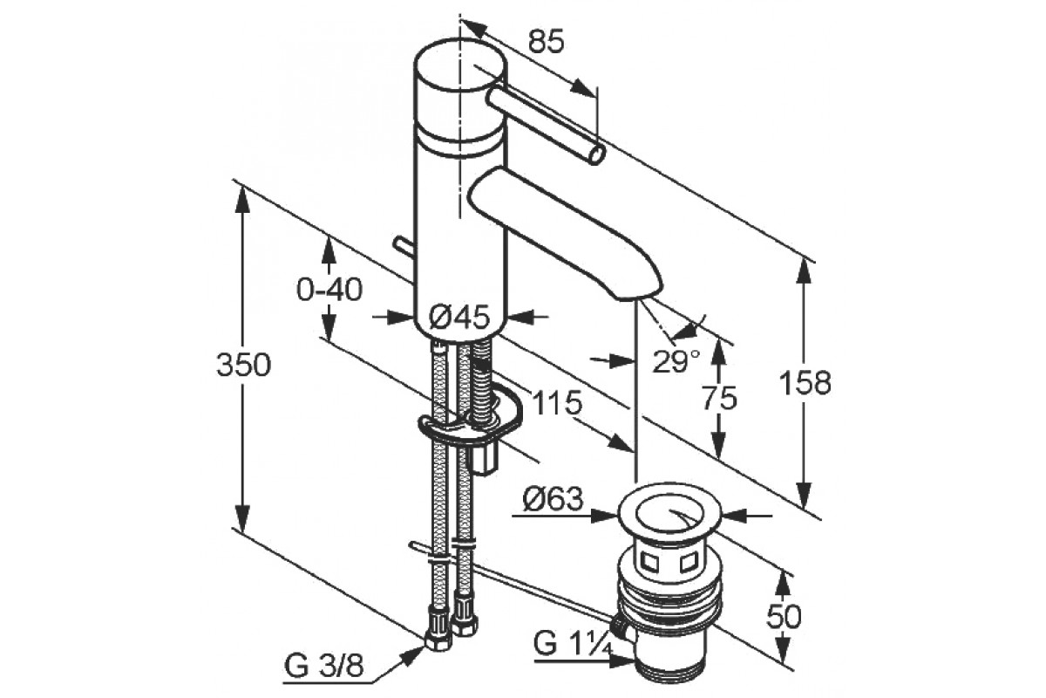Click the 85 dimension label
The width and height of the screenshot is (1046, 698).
547,42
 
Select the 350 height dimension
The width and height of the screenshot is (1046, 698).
243,365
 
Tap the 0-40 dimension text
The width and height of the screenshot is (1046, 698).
329,290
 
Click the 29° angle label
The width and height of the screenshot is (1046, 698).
676,361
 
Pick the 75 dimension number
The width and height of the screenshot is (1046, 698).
720,399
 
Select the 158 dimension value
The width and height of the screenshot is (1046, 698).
805,383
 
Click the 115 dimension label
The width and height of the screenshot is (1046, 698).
557,402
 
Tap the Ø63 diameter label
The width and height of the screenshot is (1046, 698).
554,499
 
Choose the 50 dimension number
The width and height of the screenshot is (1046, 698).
784,616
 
